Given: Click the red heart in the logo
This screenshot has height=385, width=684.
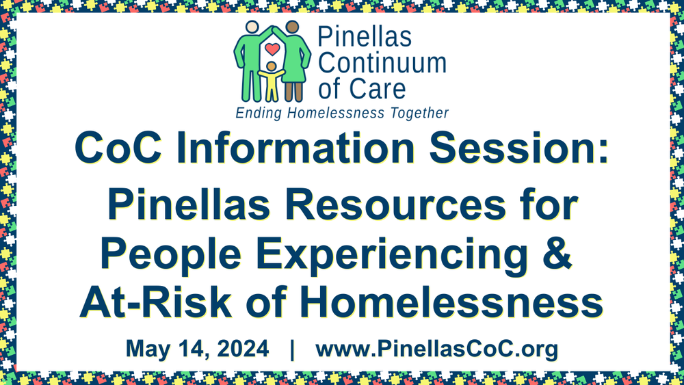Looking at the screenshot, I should [272, 49].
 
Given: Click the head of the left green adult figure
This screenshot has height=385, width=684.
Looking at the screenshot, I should [251, 27].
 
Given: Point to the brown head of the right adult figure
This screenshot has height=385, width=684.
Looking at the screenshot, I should [293, 27].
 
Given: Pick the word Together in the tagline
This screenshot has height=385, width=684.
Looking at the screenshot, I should [417, 113].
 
